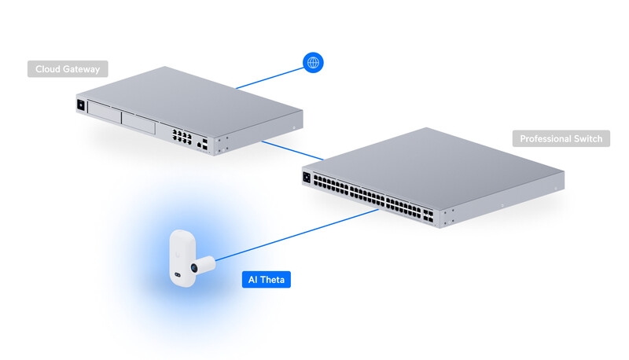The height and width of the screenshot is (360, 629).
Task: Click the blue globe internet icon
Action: (314, 63)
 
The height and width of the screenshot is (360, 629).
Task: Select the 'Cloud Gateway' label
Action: (68, 69)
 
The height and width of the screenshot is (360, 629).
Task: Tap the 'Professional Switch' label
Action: (561, 139)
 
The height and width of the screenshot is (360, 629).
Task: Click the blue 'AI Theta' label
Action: (266, 279)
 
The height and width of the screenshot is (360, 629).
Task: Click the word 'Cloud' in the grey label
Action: (48, 69)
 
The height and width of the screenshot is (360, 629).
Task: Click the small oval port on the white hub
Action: (178, 275)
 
